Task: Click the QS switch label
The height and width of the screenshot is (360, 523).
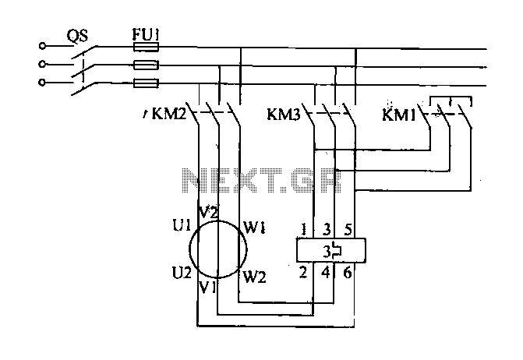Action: click(77, 36)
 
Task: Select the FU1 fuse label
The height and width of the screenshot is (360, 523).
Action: click(146, 34)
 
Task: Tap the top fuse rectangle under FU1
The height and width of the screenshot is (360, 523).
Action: click(146, 47)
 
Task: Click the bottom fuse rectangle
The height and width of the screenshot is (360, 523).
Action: click(146, 83)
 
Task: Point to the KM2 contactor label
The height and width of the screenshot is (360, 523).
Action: click(169, 114)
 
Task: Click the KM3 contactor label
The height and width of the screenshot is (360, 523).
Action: click(284, 115)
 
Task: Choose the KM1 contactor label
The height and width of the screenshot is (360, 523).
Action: click(399, 115)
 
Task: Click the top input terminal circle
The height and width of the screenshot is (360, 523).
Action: click(42, 46)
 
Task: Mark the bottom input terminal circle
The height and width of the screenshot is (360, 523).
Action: click(42, 82)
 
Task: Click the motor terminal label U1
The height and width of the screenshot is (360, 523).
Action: click(182, 226)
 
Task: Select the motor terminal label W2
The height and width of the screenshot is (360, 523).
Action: click(255, 277)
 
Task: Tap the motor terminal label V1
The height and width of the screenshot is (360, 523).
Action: click(208, 288)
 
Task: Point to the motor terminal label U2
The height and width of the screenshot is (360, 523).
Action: click(182, 273)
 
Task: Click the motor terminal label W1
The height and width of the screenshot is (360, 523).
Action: click(255, 228)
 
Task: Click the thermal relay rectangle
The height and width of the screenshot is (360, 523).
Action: click(331, 250)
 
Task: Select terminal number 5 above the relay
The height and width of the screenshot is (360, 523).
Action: click(348, 230)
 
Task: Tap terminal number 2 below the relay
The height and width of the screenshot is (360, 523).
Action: click(303, 273)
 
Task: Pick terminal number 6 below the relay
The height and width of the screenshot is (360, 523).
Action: click(348, 273)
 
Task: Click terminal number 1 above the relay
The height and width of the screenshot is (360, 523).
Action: click(303, 230)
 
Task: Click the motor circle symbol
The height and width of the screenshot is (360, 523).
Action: click(189, 249)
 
